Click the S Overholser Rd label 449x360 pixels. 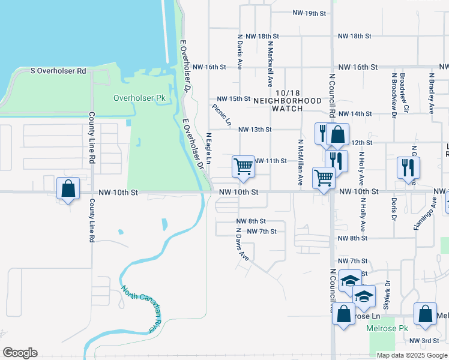58,71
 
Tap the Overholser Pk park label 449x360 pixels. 139,97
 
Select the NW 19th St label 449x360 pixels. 309,13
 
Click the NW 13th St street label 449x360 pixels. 255,129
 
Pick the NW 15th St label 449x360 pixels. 233,98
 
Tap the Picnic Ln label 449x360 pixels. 221,115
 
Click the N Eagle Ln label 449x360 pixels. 209,149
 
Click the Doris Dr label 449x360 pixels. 394,208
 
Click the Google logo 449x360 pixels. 20,353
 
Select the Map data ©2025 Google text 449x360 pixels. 411,355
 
